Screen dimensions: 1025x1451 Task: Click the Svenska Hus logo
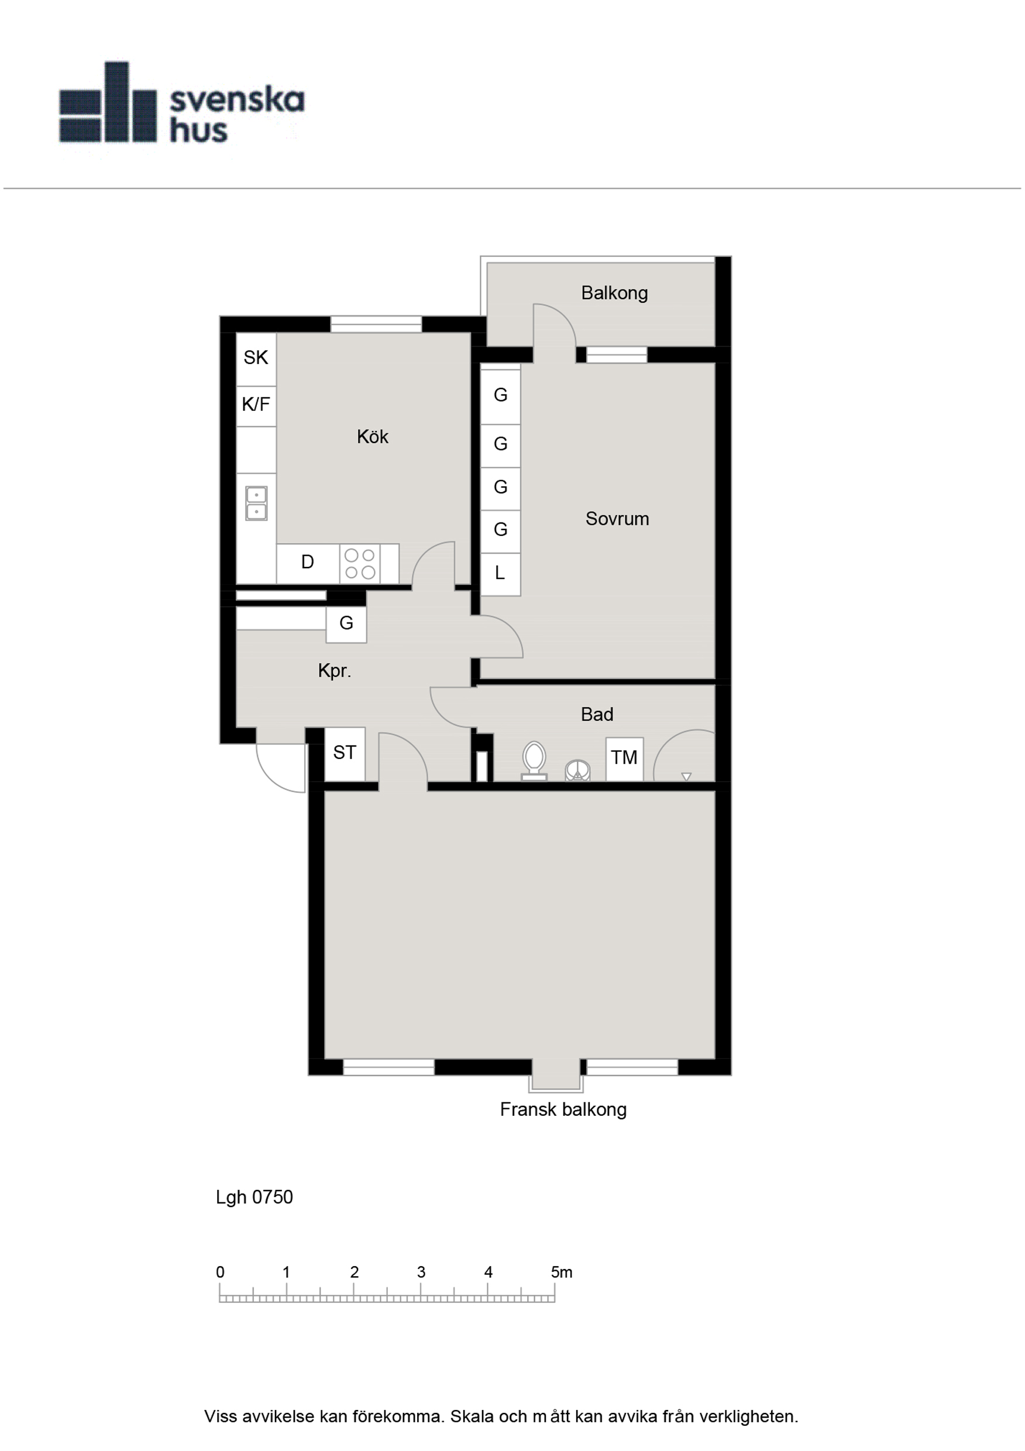(182, 102)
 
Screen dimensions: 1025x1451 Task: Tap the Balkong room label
(614, 293)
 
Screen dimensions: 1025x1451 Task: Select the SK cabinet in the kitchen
(256, 359)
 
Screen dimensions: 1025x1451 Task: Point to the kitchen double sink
(256, 503)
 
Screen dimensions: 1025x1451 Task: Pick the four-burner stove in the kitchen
(360, 563)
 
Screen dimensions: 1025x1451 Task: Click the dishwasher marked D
(308, 563)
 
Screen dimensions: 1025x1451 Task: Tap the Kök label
(372, 436)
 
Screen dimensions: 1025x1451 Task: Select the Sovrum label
(617, 519)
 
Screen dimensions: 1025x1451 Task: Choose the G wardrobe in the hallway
(346, 624)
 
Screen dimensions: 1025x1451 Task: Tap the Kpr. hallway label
(334, 671)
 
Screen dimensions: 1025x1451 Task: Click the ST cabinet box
(345, 754)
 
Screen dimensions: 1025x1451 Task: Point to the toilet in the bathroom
(534, 760)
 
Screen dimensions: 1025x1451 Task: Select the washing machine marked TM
(624, 758)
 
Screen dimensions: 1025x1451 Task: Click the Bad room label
(597, 715)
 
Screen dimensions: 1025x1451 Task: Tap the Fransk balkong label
(563, 1109)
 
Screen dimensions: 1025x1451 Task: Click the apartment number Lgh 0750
(254, 1197)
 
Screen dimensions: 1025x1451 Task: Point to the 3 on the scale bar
(421, 1272)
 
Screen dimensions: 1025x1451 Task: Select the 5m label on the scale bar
(561, 1272)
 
